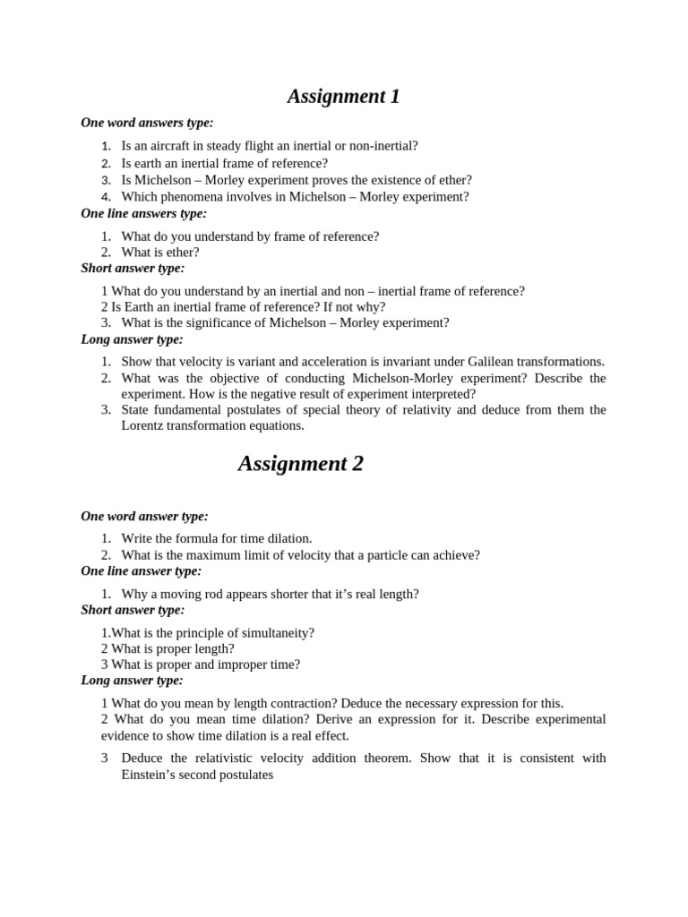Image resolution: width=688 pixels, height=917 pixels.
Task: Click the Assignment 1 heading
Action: pyautogui.click(x=343, y=96)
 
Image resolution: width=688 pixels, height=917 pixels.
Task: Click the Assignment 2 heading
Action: pyautogui.click(x=300, y=463)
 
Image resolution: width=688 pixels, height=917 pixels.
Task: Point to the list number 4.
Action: pyautogui.click(x=106, y=197)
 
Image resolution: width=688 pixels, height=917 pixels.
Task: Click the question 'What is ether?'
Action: pyautogui.click(x=160, y=253)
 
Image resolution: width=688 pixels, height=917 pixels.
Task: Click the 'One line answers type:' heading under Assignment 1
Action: pyautogui.click(x=143, y=213)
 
